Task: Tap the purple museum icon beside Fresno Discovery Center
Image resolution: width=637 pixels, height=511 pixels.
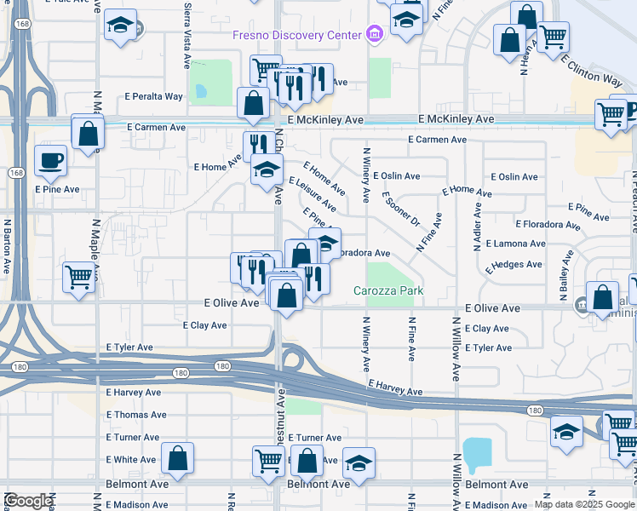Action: (x=373, y=35)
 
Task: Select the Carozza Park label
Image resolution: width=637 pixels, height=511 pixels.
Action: (x=388, y=290)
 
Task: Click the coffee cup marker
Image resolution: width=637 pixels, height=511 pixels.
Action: (x=50, y=159)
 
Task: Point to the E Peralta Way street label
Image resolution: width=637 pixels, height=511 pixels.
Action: (x=153, y=96)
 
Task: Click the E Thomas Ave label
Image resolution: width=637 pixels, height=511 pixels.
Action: (x=136, y=415)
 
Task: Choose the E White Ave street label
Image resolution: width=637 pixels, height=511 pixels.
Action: (x=131, y=460)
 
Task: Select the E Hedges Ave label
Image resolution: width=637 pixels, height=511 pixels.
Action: (x=514, y=265)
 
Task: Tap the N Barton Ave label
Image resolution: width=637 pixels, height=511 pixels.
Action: (x=6, y=247)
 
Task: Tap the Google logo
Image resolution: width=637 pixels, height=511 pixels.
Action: (x=28, y=501)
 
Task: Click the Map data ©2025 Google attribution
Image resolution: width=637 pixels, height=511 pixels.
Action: (x=583, y=504)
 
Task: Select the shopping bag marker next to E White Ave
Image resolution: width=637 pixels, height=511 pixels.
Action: (x=178, y=457)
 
